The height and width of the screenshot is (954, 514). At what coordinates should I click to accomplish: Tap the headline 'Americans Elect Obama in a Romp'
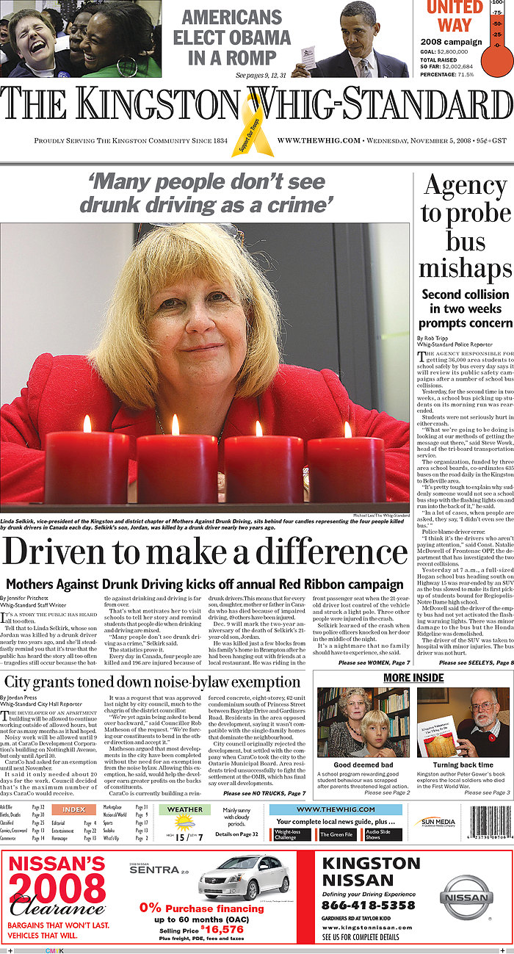coord(232,37)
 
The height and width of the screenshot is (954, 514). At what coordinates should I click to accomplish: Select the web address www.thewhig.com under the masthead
coord(319,140)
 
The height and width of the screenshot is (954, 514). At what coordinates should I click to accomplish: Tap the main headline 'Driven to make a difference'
coord(204,552)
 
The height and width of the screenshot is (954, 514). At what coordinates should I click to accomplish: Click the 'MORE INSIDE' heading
coord(413,676)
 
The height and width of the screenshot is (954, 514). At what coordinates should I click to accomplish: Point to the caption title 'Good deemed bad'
coord(363,765)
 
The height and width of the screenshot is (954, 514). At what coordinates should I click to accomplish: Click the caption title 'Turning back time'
coord(464,765)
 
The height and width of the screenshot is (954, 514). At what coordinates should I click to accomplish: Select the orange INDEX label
coord(73,809)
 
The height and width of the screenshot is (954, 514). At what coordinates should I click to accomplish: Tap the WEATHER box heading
coord(185,809)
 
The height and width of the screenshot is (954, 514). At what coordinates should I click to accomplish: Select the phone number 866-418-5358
coord(368,905)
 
